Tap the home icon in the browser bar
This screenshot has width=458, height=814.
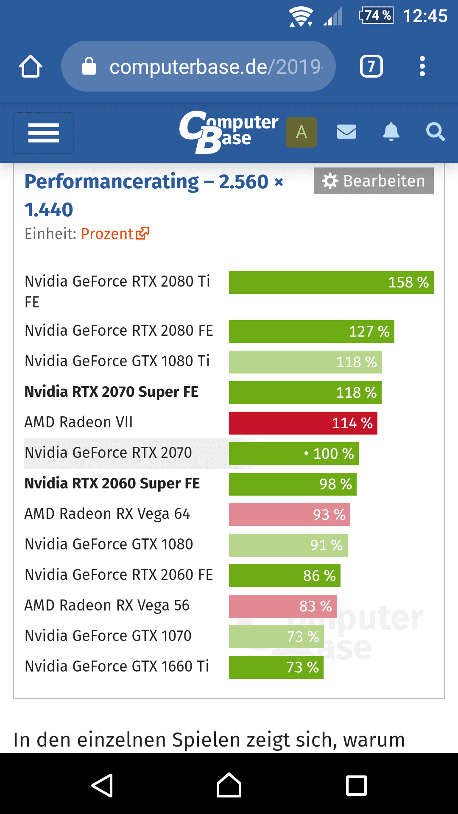click(x=31, y=67)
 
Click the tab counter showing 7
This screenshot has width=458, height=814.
click(x=371, y=67)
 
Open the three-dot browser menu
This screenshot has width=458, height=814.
click(x=422, y=67)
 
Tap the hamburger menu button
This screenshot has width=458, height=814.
click(x=44, y=133)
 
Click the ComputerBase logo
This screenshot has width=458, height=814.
click(x=229, y=131)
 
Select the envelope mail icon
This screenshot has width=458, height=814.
click(x=346, y=132)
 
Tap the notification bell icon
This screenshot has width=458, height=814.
click(x=391, y=132)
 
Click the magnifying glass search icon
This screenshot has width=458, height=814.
click(x=436, y=132)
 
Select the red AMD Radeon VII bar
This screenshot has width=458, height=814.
click(x=303, y=423)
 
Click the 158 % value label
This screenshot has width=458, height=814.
click(x=408, y=282)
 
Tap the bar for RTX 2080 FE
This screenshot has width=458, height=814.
click(x=311, y=331)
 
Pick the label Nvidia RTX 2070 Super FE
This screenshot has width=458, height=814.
click(x=112, y=392)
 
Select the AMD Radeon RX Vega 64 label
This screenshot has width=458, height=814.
click(x=107, y=514)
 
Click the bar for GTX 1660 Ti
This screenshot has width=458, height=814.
click(x=276, y=667)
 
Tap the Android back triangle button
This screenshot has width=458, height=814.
click(x=102, y=786)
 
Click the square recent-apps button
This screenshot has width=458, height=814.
click(x=356, y=786)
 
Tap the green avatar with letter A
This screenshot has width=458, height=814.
click(x=302, y=132)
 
